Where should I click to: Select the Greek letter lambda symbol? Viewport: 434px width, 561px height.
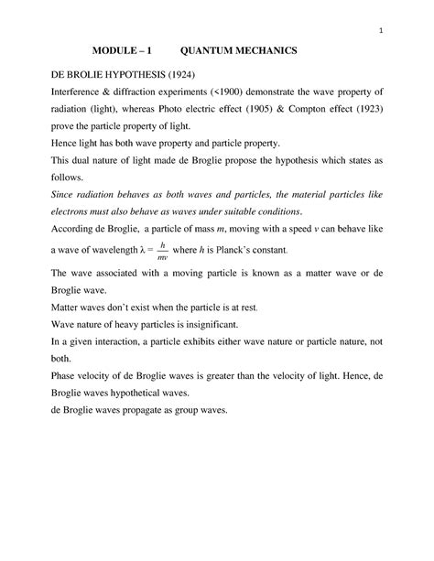point(138,250)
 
